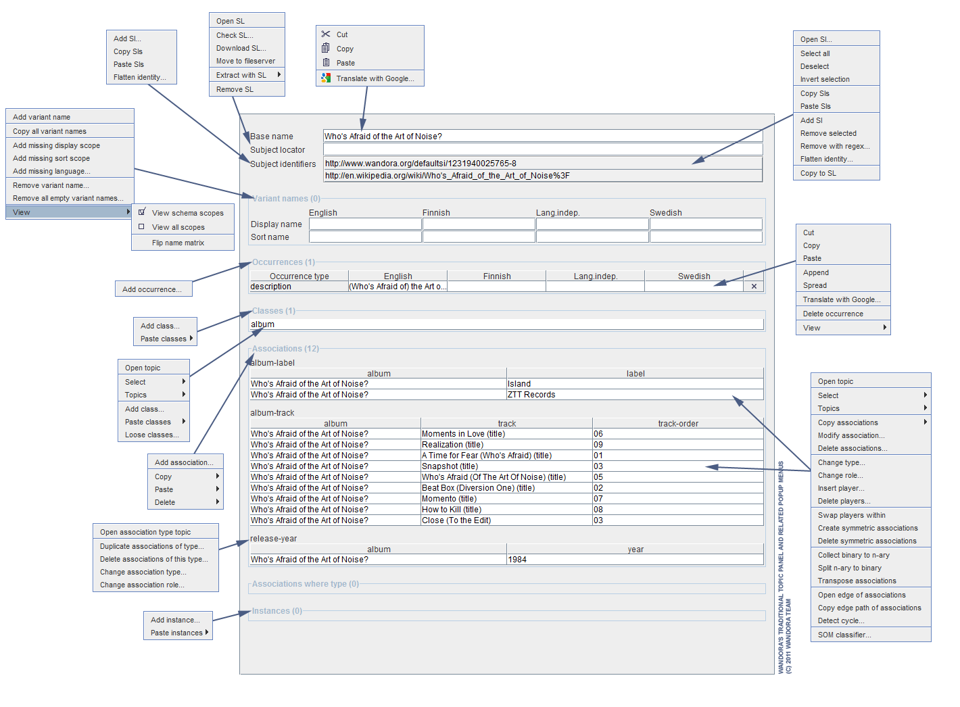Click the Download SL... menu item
pos(241,48)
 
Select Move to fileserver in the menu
pos(245,61)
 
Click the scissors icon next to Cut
pos(326,34)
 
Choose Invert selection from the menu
pos(825,79)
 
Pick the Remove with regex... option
pos(835,146)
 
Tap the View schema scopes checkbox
pos(142,212)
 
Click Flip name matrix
pos(178,243)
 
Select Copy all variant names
pos(49,131)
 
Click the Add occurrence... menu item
pos(152,289)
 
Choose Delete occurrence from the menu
pos(833,314)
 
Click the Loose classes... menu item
pos(152,435)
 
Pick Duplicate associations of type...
pos(151,546)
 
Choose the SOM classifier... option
pos(844,635)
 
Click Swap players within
pos(851,515)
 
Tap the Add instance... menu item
pos(175,620)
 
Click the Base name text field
pos(542,137)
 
